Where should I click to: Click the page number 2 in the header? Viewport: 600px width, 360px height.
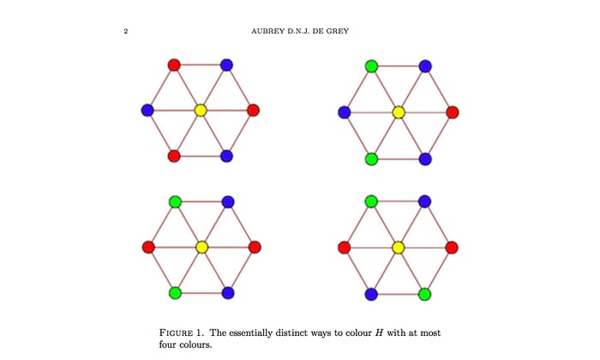coord(126,32)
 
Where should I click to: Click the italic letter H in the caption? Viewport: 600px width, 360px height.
coord(379,333)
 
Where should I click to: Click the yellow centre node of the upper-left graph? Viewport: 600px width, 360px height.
coord(201,111)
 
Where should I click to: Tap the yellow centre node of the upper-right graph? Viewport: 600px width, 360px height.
coord(399,112)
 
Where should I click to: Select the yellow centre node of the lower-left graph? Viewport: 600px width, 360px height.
coord(201,247)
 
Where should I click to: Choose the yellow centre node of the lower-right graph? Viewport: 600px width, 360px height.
coord(398,248)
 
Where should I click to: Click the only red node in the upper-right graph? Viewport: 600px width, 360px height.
coord(453,112)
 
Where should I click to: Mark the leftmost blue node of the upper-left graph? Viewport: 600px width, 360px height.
coord(147,111)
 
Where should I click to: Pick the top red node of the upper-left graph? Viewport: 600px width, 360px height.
coord(174,64)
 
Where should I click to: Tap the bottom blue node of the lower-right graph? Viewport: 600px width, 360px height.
coord(371,294)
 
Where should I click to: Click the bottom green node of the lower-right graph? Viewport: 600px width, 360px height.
coord(424,294)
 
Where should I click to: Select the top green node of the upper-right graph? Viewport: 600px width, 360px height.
coord(371,66)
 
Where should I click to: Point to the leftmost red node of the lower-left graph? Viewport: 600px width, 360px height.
coord(148,247)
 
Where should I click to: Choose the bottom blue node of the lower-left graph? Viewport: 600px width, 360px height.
coord(228,293)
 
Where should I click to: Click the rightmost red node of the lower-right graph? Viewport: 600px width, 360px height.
coord(452,248)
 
